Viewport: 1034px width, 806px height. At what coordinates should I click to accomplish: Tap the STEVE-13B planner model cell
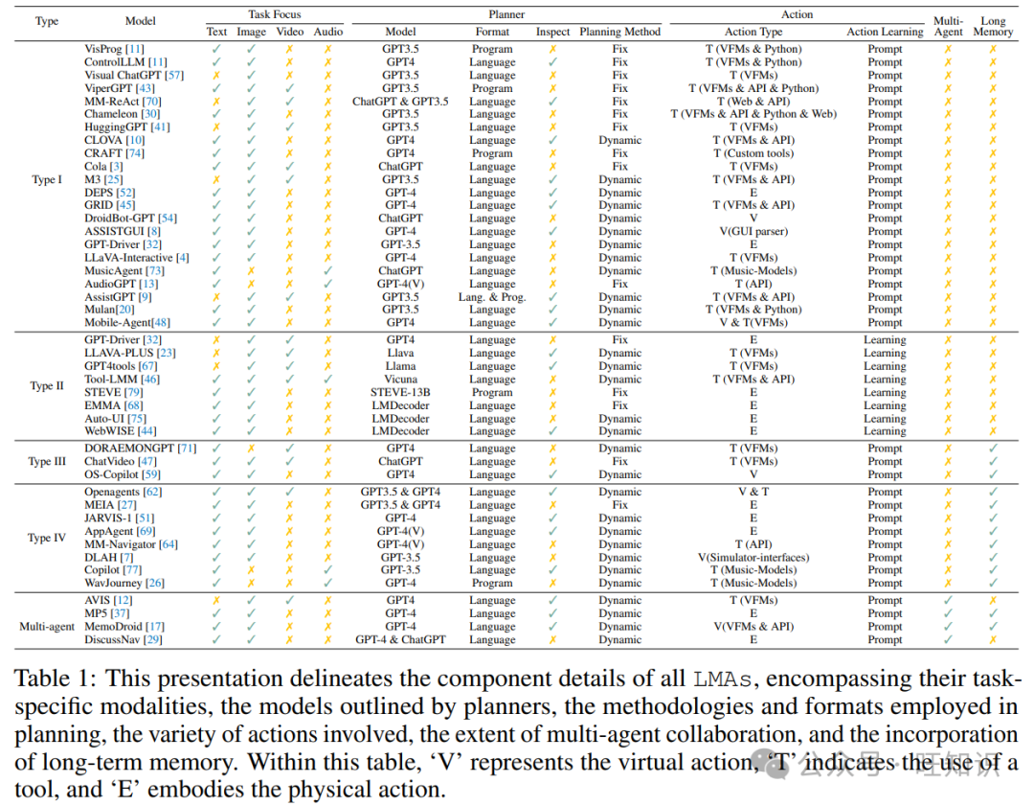400,392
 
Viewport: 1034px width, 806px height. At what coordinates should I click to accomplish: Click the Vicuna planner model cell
400,380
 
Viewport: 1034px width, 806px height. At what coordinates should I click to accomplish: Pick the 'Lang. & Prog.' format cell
492,297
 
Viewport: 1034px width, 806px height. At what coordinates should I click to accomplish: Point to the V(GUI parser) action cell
753,231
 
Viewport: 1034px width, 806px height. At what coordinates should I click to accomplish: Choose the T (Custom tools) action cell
753,153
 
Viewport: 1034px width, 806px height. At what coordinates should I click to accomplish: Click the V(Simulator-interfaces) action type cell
753,558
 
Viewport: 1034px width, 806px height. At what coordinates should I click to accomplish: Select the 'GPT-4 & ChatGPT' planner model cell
400,640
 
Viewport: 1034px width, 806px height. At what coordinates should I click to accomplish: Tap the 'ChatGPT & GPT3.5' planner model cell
400,102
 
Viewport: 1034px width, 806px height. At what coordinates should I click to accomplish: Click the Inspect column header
552,32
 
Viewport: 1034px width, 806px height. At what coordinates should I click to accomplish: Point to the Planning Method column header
619,32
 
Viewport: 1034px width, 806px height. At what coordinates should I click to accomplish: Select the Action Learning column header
885,32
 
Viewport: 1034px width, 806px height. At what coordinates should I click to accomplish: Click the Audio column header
327,32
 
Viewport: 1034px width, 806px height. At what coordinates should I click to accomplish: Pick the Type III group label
47,462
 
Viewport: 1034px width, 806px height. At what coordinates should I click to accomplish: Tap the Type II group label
47,386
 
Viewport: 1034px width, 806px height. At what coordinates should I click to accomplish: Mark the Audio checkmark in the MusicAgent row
327,271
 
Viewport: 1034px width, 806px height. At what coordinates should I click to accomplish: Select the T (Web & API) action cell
753,102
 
